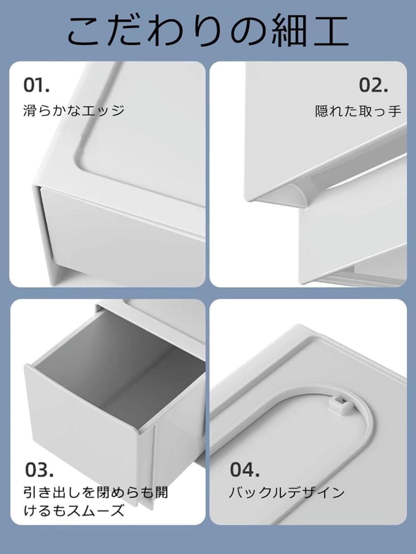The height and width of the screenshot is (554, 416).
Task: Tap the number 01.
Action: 36,85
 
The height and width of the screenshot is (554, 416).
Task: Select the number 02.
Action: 373,85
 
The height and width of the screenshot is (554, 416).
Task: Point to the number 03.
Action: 39,470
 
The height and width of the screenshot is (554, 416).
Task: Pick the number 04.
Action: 244,470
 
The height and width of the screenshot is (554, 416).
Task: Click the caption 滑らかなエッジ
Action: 74,110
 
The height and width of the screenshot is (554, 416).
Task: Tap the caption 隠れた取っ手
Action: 358,110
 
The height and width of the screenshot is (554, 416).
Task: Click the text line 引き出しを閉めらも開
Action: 96,493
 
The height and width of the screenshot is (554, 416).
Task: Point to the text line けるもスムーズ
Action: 74,511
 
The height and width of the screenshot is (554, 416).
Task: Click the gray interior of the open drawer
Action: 122,355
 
